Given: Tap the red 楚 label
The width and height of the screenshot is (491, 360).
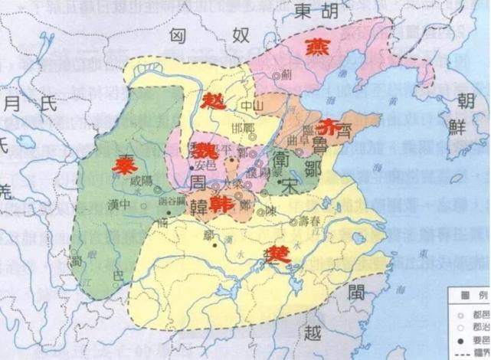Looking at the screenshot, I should [280, 255].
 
